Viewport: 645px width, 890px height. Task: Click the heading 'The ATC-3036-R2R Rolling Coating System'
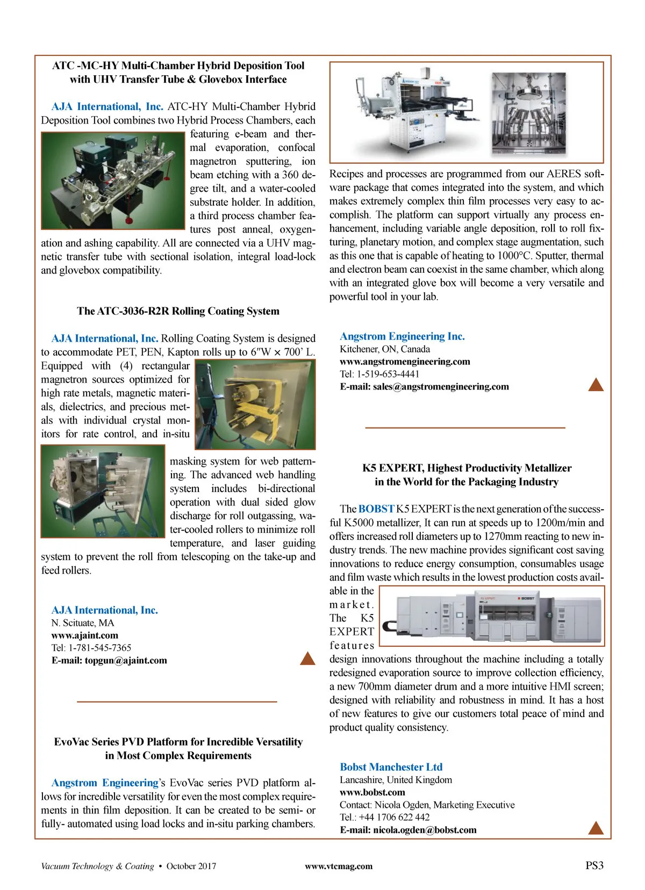178,311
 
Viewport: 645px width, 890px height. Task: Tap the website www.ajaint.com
84,635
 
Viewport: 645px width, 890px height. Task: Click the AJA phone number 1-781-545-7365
99,648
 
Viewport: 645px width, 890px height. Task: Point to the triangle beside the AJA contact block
307,658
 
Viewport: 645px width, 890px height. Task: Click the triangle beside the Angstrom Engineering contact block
596,384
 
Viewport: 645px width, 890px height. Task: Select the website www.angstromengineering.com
405,361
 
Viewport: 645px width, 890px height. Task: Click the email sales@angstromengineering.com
441,386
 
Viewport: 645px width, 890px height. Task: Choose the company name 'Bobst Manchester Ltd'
391,767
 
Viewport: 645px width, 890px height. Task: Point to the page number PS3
594,865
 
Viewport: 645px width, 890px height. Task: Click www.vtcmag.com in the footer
338,866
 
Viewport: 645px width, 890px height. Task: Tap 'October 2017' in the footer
191,866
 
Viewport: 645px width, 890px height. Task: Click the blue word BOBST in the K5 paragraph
376,509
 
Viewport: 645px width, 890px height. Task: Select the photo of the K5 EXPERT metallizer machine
492,616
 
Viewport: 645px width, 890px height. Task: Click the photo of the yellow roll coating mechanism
255,404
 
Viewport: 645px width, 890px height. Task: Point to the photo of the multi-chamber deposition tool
113,180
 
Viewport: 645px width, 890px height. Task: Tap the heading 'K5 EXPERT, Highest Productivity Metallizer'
467,468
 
